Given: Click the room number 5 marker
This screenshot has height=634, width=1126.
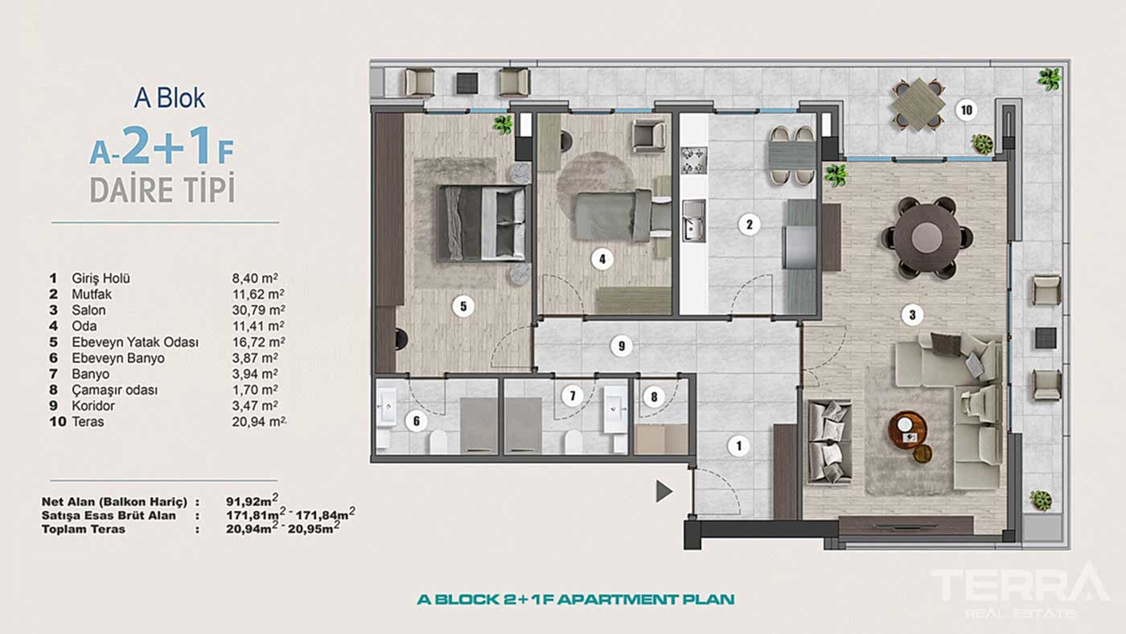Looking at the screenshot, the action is tap(463, 307).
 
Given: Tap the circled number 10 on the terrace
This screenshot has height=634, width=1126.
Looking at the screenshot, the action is tap(966, 110).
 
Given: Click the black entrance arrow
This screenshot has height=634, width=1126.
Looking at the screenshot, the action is tap(664, 491).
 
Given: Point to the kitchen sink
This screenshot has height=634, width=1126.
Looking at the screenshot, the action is tap(693, 220).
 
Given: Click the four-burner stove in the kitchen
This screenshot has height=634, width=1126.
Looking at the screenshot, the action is tap(694, 161).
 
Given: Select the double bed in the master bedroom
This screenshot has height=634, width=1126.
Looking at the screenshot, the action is tap(482, 223).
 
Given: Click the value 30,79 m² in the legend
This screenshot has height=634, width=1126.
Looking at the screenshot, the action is tap(258, 310).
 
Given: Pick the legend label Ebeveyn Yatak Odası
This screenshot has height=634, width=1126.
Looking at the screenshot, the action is tap(135, 343).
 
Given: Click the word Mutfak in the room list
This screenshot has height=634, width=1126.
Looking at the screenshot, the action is tap(92, 294).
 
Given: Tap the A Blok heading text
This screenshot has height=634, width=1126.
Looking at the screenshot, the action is tap(170, 98).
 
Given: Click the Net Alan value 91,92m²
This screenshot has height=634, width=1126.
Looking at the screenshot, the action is tap(252, 500).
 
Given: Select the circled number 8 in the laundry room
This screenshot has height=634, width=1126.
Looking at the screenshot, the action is tap(653, 397).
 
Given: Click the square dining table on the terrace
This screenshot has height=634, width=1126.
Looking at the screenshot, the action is tap(918, 105).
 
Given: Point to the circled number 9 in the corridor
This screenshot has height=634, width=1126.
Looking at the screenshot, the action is tap(621, 346).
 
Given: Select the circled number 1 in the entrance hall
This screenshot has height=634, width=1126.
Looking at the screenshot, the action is tap(738, 446).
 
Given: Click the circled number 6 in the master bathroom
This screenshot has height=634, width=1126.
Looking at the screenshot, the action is tap(417, 421).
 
